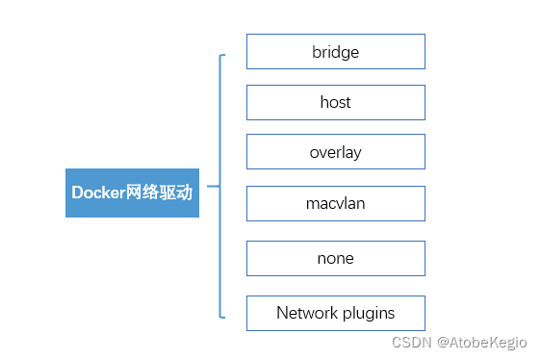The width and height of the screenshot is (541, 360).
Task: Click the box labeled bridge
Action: click(335, 52)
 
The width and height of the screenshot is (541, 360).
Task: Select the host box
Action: click(335, 102)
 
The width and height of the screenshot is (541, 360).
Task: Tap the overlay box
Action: click(335, 152)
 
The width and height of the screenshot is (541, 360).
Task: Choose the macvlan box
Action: click(335, 203)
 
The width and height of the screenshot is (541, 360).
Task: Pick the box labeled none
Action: click(335, 258)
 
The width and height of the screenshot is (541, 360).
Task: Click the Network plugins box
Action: click(335, 313)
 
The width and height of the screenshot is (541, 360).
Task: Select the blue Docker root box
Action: click(132, 193)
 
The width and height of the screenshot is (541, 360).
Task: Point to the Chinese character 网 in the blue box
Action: click(136, 193)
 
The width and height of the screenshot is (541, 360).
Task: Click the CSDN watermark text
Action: click(411, 342)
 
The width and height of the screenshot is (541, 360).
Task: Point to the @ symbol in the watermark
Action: click(444, 342)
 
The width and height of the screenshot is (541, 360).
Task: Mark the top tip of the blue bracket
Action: click(224, 56)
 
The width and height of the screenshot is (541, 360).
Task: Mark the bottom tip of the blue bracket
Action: click(224, 317)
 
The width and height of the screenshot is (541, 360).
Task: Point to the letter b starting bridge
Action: click(316, 52)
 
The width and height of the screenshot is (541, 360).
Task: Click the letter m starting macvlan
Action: click(311, 204)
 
